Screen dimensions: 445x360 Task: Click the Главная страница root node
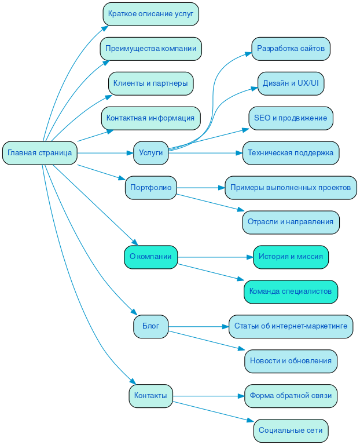pos(40,153)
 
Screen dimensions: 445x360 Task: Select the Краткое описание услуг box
pos(150,14)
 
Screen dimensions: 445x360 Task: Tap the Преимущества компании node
pos(150,49)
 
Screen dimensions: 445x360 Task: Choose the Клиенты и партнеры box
pos(150,83)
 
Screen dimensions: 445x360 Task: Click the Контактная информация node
pos(150,118)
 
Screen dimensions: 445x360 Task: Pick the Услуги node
pos(150,153)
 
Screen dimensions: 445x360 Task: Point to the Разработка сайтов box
pos(291,49)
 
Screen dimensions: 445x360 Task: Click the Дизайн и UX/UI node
pos(291,83)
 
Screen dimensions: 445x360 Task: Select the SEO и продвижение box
pos(291,118)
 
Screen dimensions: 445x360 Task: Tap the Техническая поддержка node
pos(291,153)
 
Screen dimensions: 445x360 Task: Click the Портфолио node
pos(150,188)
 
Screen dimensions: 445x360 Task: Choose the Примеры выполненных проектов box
pos(291,188)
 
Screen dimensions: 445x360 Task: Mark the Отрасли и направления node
pos(291,222)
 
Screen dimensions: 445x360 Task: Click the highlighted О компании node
pos(150,257)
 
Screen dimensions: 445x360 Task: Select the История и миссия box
pos(291,257)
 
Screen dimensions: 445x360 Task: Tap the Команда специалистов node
pos(291,291)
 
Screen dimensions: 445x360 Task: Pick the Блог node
pos(150,326)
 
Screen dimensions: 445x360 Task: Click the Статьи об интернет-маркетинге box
pos(291,326)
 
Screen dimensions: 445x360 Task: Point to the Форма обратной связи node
pos(291,396)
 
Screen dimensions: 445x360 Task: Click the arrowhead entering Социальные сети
pos(250,421)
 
